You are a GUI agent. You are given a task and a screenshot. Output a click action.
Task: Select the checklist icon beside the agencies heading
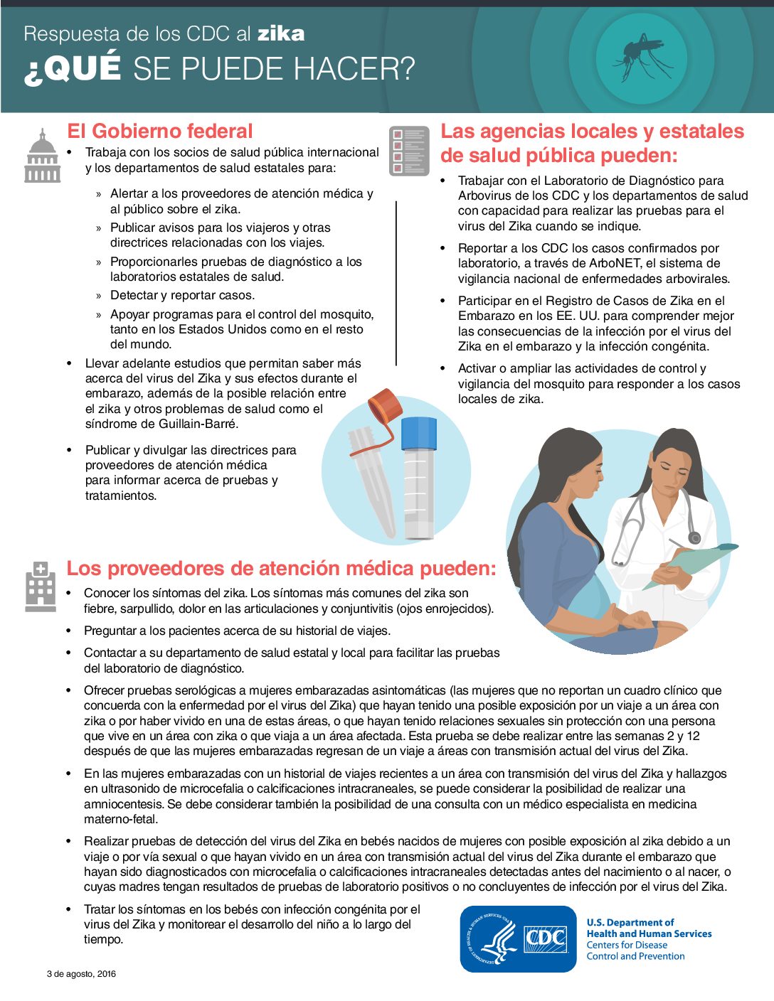[x=409, y=151]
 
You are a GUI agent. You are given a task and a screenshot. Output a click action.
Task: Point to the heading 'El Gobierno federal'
[x=160, y=132]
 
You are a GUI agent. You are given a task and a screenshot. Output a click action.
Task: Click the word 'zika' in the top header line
[x=281, y=34]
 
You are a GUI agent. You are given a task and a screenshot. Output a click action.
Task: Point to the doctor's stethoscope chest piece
[x=694, y=538]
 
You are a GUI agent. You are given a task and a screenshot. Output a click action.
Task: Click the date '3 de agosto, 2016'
[x=81, y=974]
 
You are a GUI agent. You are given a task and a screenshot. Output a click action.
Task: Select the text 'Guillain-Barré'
[x=198, y=424]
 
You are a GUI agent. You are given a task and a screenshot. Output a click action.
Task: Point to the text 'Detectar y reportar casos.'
[x=182, y=295]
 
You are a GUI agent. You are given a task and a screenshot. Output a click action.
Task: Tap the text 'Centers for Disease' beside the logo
[x=627, y=945]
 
